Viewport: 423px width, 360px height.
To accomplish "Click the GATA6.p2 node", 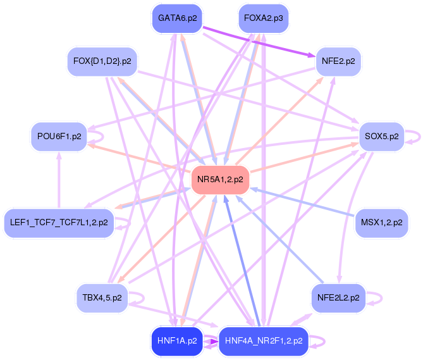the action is [x=177, y=18].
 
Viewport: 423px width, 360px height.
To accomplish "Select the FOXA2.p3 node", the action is [x=264, y=18].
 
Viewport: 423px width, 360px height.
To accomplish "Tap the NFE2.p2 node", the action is [x=338, y=61].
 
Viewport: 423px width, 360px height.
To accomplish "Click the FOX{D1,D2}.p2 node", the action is [x=102, y=61].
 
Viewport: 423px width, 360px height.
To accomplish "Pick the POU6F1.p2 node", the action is [x=59, y=137].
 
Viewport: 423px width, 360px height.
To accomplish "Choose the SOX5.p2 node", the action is [x=381, y=137].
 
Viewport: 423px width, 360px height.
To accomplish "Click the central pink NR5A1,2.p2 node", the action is [x=220, y=180].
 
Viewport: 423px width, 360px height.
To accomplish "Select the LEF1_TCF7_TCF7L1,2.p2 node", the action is [x=59, y=223].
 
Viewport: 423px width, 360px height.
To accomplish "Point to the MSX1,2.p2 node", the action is [x=381, y=223].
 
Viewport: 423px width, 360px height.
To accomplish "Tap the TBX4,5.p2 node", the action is [x=102, y=298].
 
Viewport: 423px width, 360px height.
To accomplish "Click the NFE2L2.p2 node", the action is [x=338, y=298].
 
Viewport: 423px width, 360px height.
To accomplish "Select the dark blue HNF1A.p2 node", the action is [x=177, y=341].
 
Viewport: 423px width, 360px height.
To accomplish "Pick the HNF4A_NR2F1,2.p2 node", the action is [x=264, y=341].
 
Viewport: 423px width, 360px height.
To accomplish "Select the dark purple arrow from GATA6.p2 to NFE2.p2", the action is [x=259, y=42].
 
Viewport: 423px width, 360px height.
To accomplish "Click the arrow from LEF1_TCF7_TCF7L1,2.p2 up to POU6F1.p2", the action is [x=59, y=180].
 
